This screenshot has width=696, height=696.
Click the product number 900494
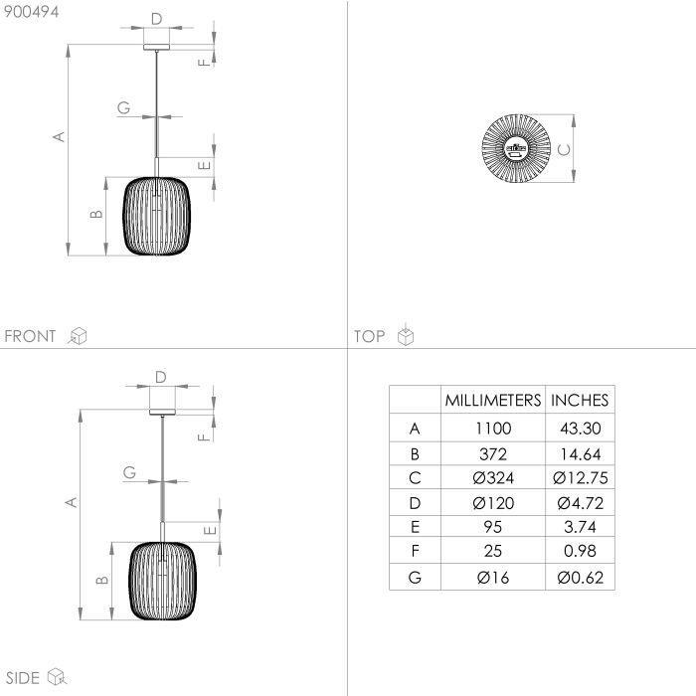coord(31,12)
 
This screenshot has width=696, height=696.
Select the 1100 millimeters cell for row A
coord(493,429)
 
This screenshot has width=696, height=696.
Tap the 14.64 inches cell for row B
coord(580,454)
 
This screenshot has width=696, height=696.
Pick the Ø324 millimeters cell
coord(493,478)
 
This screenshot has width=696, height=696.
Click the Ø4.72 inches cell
coord(580,503)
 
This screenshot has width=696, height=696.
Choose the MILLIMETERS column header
coord(493,401)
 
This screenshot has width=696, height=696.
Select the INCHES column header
coord(580,401)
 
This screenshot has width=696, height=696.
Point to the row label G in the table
coord(415,578)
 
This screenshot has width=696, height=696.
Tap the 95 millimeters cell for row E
coord(493,527)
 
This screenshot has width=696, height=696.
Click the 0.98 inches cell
coord(580,551)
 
